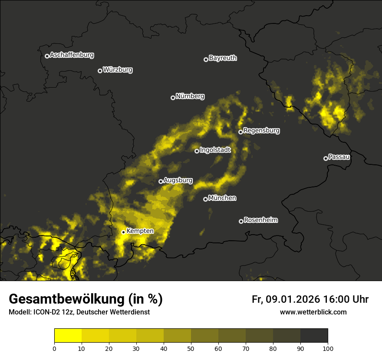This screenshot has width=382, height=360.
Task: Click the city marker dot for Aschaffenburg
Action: click(47, 56)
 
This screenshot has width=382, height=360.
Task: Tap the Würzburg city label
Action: click(118, 70)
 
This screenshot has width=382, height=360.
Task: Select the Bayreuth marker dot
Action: click(206, 59)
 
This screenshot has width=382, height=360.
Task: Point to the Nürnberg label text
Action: click(190, 96)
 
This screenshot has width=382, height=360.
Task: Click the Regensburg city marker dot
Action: click(240, 132)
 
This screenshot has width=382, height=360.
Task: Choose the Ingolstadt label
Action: click(215, 150)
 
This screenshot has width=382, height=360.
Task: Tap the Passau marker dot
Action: click(326, 158)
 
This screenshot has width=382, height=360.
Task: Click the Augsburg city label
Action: click(178, 180)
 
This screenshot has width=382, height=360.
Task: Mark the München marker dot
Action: click(205, 200)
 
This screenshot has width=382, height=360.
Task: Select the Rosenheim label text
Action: click(260, 220)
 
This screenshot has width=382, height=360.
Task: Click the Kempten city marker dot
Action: click(123, 232)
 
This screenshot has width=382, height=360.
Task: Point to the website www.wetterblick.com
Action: click(313, 312)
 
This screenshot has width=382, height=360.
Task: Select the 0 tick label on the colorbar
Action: click(54, 348)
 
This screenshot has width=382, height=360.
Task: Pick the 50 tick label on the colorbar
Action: click(191, 348)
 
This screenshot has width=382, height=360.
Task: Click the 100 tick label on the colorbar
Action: click(328, 348)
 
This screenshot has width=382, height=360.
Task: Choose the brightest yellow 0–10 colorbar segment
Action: click(68, 336)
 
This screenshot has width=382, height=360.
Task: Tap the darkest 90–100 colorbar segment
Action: click(314, 336)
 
